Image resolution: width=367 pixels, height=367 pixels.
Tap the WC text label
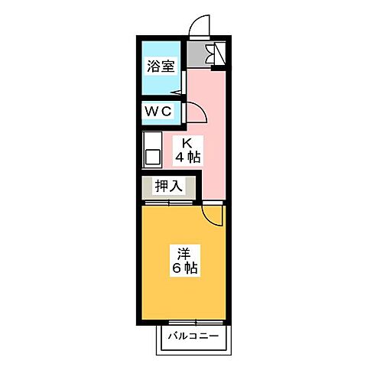[160, 112]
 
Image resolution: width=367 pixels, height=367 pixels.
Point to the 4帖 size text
[187, 158]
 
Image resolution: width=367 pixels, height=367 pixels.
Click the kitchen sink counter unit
[151, 149]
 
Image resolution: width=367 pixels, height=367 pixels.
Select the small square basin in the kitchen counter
[151, 158]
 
